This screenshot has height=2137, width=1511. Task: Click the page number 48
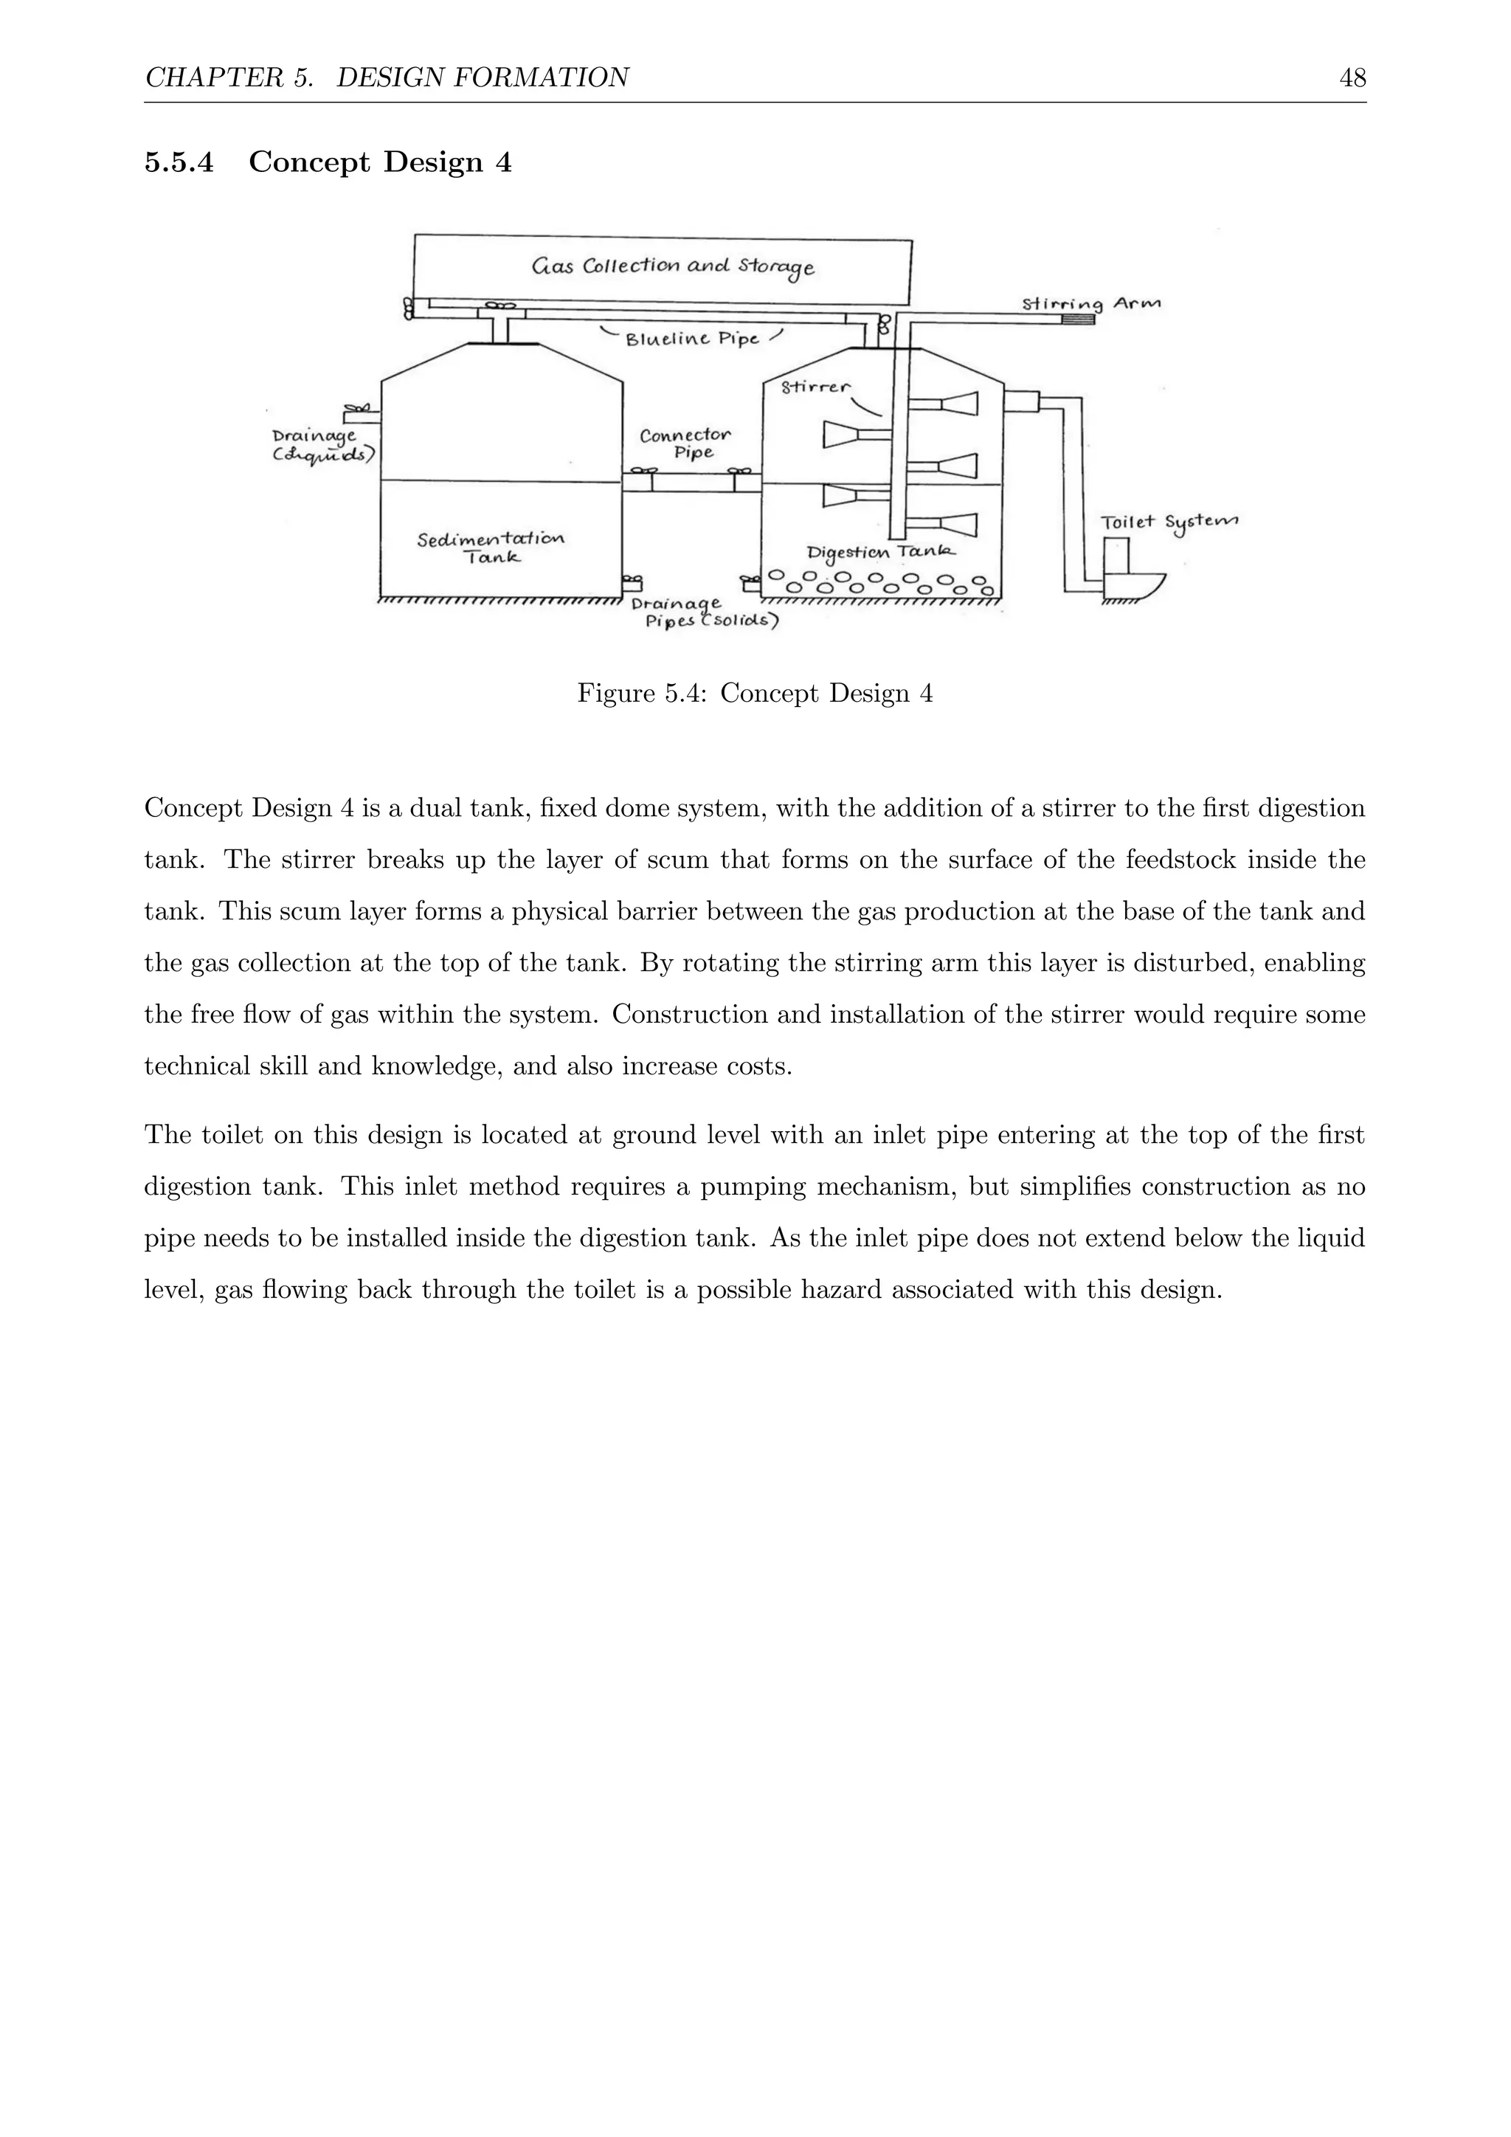click(1352, 78)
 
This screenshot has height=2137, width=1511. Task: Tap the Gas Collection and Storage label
click(673, 267)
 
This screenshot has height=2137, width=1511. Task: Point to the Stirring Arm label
click(1090, 303)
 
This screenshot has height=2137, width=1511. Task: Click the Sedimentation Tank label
click(491, 548)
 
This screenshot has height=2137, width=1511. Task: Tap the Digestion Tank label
click(879, 553)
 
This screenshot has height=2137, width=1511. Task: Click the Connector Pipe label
click(685, 444)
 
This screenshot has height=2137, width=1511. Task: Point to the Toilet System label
click(1169, 523)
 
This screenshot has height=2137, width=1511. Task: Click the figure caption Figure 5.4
click(755, 694)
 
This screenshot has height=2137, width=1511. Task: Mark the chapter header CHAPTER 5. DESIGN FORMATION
click(387, 78)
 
